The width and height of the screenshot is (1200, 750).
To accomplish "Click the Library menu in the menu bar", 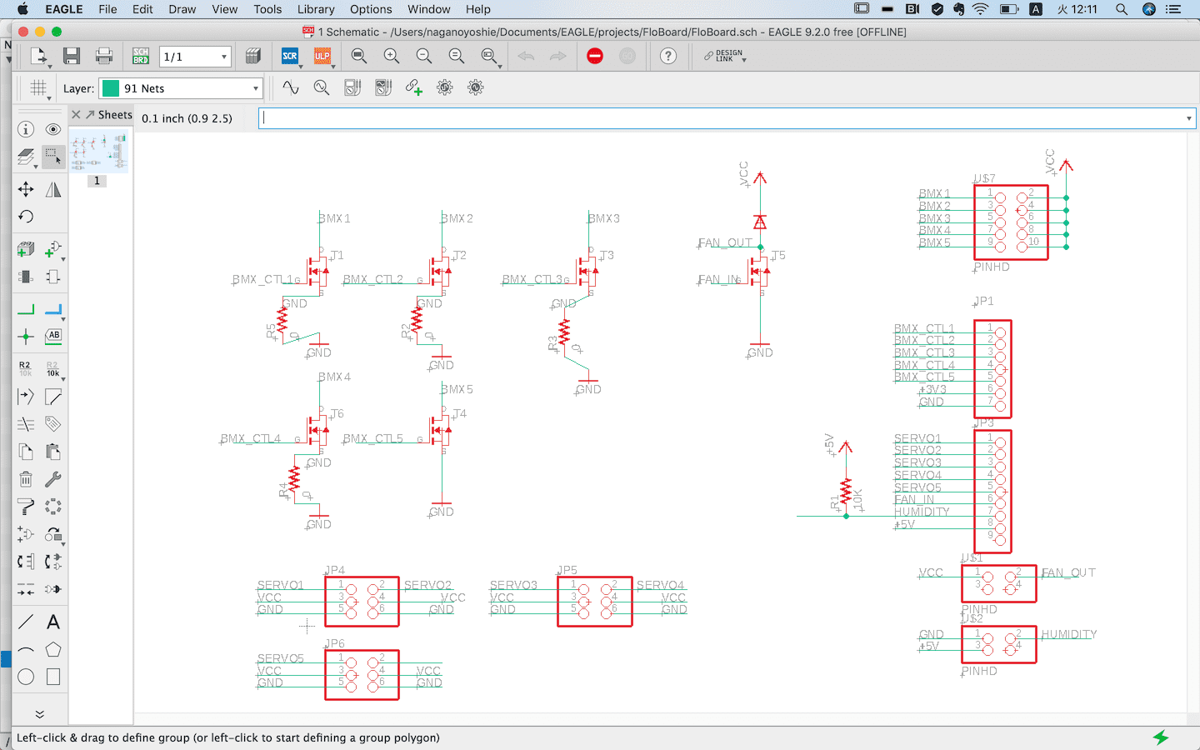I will click(x=316, y=9).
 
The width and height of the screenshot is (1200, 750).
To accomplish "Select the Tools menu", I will click(x=267, y=9).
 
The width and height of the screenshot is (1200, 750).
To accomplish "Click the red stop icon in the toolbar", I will click(x=595, y=56).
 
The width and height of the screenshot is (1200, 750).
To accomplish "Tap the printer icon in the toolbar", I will click(x=104, y=56).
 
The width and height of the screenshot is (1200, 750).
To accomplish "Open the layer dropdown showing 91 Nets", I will click(x=181, y=88).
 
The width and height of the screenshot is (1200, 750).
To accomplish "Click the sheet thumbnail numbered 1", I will click(x=97, y=153).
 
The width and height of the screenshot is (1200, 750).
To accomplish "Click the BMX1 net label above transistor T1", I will click(x=335, y=218).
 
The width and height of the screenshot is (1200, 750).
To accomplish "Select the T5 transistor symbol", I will click(x=760, y=270).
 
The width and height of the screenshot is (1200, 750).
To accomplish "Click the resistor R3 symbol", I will click(x=564, y=332).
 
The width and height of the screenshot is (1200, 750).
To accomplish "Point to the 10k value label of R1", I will click(x=858, y=499).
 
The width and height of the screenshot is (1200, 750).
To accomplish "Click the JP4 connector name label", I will click(x=335, y=570).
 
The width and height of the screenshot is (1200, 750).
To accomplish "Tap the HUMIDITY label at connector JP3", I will click(x=922, y=512).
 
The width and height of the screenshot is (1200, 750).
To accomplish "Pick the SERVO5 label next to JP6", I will click(x=281, y=658).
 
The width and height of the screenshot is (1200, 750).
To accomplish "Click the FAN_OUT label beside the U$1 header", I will click(x=1068, y=572).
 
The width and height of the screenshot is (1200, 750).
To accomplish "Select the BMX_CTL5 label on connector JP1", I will click(x=924, y=377).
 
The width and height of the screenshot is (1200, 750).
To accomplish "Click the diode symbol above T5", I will click(x=760, y=222).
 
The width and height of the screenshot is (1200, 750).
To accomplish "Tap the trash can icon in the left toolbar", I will click(x=26, y=479).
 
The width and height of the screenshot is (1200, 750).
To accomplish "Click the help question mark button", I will click(x=668, y=56).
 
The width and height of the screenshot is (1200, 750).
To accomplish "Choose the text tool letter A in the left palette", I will click(x=53, y=622).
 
